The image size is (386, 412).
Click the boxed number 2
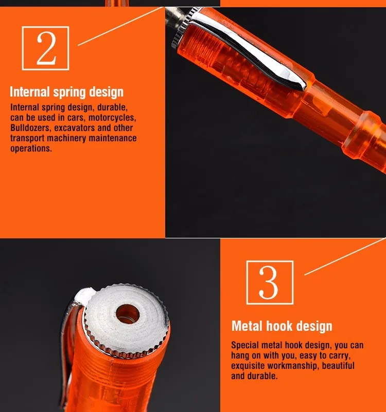tap(46, 48)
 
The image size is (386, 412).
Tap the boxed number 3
tap(270, 283)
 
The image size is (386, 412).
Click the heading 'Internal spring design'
tap(66, 92)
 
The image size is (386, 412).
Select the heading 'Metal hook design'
tap(282, 326)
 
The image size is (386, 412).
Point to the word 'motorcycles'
tap(112, 118)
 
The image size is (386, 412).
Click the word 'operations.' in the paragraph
tap(31, 148)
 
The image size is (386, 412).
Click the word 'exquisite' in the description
tap(248, 366)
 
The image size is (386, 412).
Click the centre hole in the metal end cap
tap(128, 314)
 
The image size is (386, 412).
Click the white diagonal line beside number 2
tap(120, 26)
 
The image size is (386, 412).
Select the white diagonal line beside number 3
tap(345, 257)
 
